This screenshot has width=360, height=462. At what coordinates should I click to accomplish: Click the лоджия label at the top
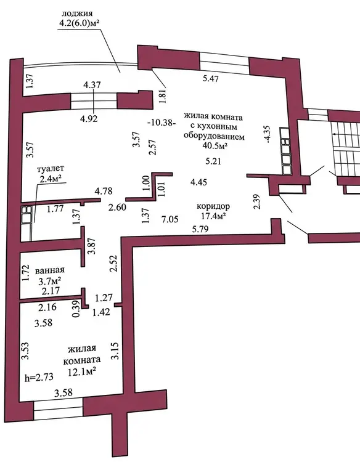coord(77,14)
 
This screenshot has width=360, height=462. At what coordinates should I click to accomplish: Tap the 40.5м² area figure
coord(215,145)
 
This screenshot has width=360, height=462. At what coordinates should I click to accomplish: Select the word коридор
coord(213,206)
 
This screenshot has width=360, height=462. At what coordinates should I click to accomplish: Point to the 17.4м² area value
coord(213,216)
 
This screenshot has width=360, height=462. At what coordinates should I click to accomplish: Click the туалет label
coord(51,169)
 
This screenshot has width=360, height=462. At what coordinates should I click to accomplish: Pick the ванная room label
coord(50,270)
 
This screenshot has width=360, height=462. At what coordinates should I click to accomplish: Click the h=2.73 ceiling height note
coord(39,377)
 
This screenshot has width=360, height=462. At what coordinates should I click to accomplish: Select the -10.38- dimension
coord(162,123)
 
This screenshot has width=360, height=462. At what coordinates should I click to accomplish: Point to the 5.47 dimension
coord(211,79)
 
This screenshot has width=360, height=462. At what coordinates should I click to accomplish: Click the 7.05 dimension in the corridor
coord(170,219)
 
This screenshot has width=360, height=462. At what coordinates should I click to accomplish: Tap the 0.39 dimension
coord(76,309)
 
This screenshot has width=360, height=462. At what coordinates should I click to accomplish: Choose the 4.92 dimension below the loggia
coord(89,118)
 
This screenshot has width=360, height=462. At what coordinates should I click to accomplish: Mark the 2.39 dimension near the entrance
coord(257,201)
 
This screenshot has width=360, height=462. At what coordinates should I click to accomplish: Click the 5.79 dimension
coord(200,229)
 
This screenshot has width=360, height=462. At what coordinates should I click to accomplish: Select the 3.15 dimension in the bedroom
coord(115,351)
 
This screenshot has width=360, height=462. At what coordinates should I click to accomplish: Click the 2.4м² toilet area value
coord(51,179)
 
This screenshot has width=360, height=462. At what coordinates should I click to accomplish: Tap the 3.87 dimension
coord(92,246)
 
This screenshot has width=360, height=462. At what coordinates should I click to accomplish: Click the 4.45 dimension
coord(198,182)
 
